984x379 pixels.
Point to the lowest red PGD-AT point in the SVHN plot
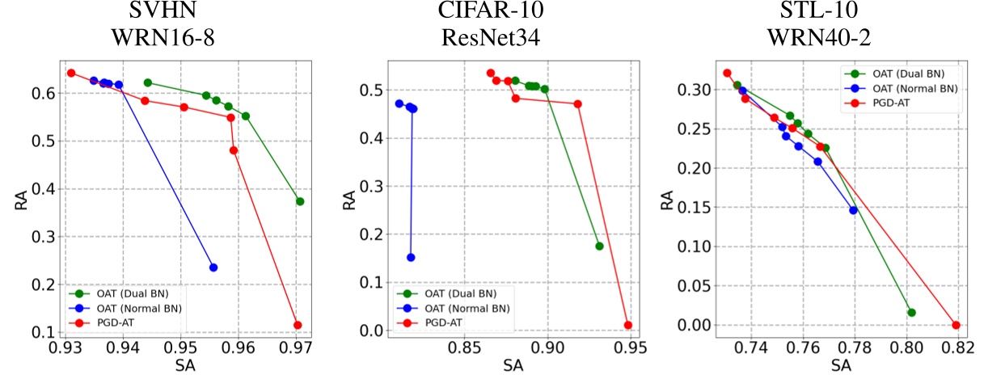click(x=298, y=325)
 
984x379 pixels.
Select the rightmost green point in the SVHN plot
click(x=300, y=201)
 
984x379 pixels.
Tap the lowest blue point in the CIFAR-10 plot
click(x=411, y=257)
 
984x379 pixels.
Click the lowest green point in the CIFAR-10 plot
click(x=599, y=246)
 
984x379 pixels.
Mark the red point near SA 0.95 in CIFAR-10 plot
click(x=628, y=325)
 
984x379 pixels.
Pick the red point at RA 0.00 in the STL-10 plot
click(x=956, y=325)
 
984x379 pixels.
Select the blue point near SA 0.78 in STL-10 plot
click(x=853, y=210)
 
